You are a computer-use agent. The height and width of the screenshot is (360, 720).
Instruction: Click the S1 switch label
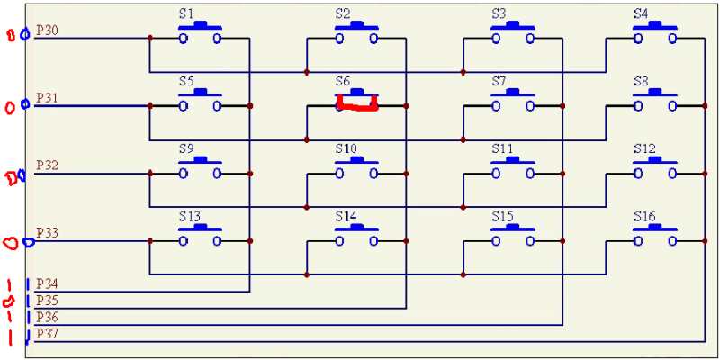tap(186, 14)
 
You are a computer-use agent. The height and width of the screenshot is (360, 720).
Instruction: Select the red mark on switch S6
tap(356, 107)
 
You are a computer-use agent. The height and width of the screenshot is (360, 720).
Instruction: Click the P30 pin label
tap(48, 31)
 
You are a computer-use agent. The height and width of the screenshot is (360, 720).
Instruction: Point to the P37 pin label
tap(48, 334)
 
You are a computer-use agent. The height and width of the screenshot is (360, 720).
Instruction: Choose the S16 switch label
tap(643, 217)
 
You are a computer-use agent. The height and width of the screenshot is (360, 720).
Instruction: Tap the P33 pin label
tap(48, 233)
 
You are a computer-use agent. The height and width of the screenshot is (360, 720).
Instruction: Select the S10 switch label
tap(346, 148)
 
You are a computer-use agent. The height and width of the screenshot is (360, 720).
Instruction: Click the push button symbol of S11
tap(513, 168)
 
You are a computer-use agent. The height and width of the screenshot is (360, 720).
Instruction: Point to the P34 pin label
tap(48, 284)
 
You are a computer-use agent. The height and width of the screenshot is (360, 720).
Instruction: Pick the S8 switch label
tap(641, 81)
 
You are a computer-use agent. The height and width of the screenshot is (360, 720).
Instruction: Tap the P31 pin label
tap(48, 97)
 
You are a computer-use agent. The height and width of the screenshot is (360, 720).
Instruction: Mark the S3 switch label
tap(499, 14)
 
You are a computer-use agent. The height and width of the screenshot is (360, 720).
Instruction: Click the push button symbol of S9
tap(200, 168)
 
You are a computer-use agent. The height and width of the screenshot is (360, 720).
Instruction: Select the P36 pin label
tap(48, 318)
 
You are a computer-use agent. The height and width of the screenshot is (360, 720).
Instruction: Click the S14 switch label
tap(346, 217)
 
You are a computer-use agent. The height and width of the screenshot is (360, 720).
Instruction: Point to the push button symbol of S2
tap(356, 34)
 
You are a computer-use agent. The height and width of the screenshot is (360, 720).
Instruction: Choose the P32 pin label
tap(48, 166)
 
